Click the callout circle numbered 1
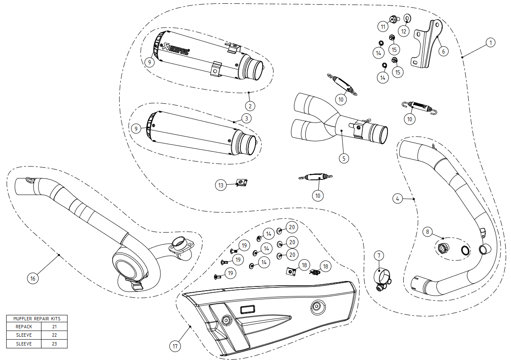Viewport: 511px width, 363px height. (491, 42)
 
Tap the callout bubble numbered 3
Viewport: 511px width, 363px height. (247, 118)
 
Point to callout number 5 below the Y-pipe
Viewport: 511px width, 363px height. (343, 158)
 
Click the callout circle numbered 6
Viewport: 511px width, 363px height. (443, 51)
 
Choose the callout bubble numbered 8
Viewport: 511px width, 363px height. (427, 231)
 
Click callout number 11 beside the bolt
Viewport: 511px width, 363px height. (383, 27)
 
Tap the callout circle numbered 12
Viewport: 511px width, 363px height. (404, 31)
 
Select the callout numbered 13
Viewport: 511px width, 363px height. (222, 185)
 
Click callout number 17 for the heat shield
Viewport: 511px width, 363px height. (175, 346)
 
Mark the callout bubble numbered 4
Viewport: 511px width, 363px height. (397, 199)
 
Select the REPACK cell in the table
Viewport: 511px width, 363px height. (24, 327)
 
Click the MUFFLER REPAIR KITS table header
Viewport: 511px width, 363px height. (37, 318)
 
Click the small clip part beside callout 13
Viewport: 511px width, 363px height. (241, 183)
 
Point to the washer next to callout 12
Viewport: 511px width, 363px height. (407, 18)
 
